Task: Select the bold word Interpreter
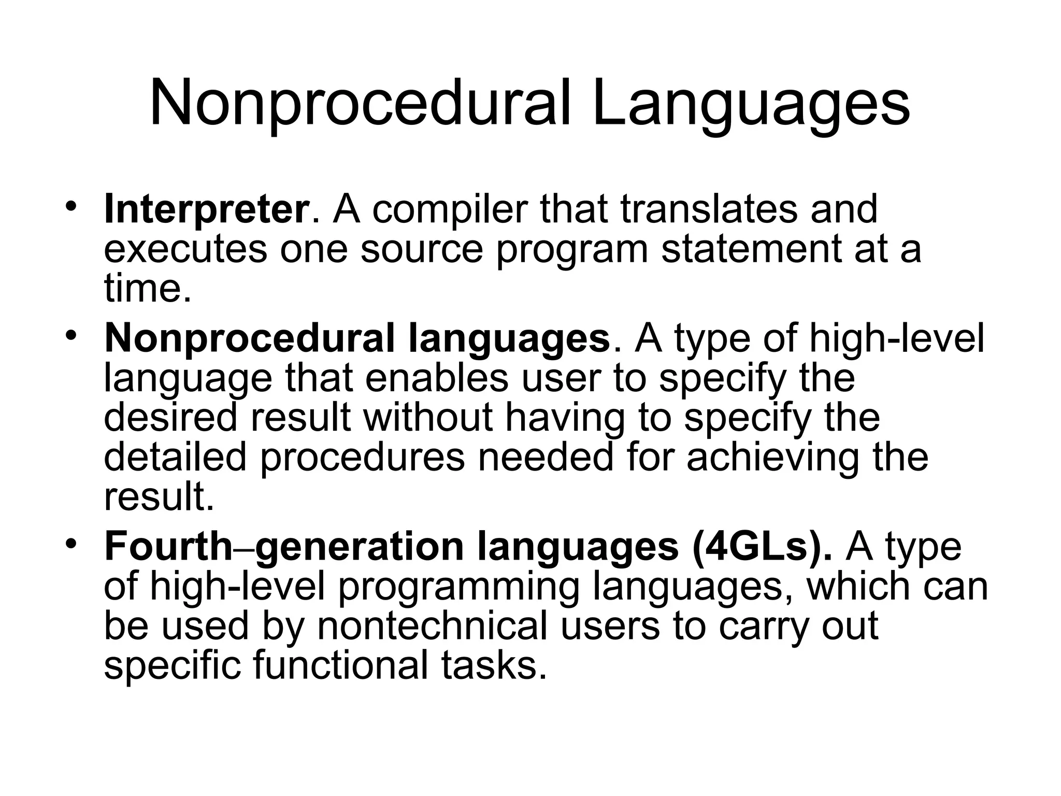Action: click(x=206, y=209)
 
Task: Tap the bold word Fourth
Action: click(x=168, y=547)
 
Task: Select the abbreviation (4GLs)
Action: click(x=762, y=547)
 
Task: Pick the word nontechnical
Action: click(x=432, y=627)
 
